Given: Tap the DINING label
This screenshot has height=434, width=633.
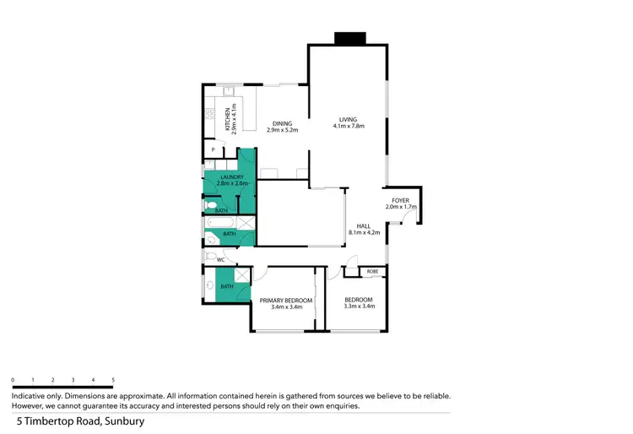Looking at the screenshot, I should (x=282, y=124).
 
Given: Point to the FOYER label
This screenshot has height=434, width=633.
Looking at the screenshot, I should (x=399, y=199).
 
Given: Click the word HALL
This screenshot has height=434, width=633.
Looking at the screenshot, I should (x=364, y=225).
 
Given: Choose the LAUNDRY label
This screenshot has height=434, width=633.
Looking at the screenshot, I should (x=231, y=176).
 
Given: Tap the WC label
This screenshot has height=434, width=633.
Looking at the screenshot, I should (x=221, y=260).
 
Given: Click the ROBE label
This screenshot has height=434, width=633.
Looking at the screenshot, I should (x=373, y=272).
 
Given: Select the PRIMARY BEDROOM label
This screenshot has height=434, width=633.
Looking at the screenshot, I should (x=286, y=301).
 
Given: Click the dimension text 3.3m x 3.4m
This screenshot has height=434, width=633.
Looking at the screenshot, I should (x=359, y=307).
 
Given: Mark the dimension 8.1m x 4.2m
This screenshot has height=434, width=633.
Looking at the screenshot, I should (x=364, y=232).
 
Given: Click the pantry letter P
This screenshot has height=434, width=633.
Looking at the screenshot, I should (x=213, y=150).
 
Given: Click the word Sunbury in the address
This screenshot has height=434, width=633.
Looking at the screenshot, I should (x=124, y=420).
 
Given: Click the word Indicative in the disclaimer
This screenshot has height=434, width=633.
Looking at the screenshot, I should (x=30, y=395).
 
